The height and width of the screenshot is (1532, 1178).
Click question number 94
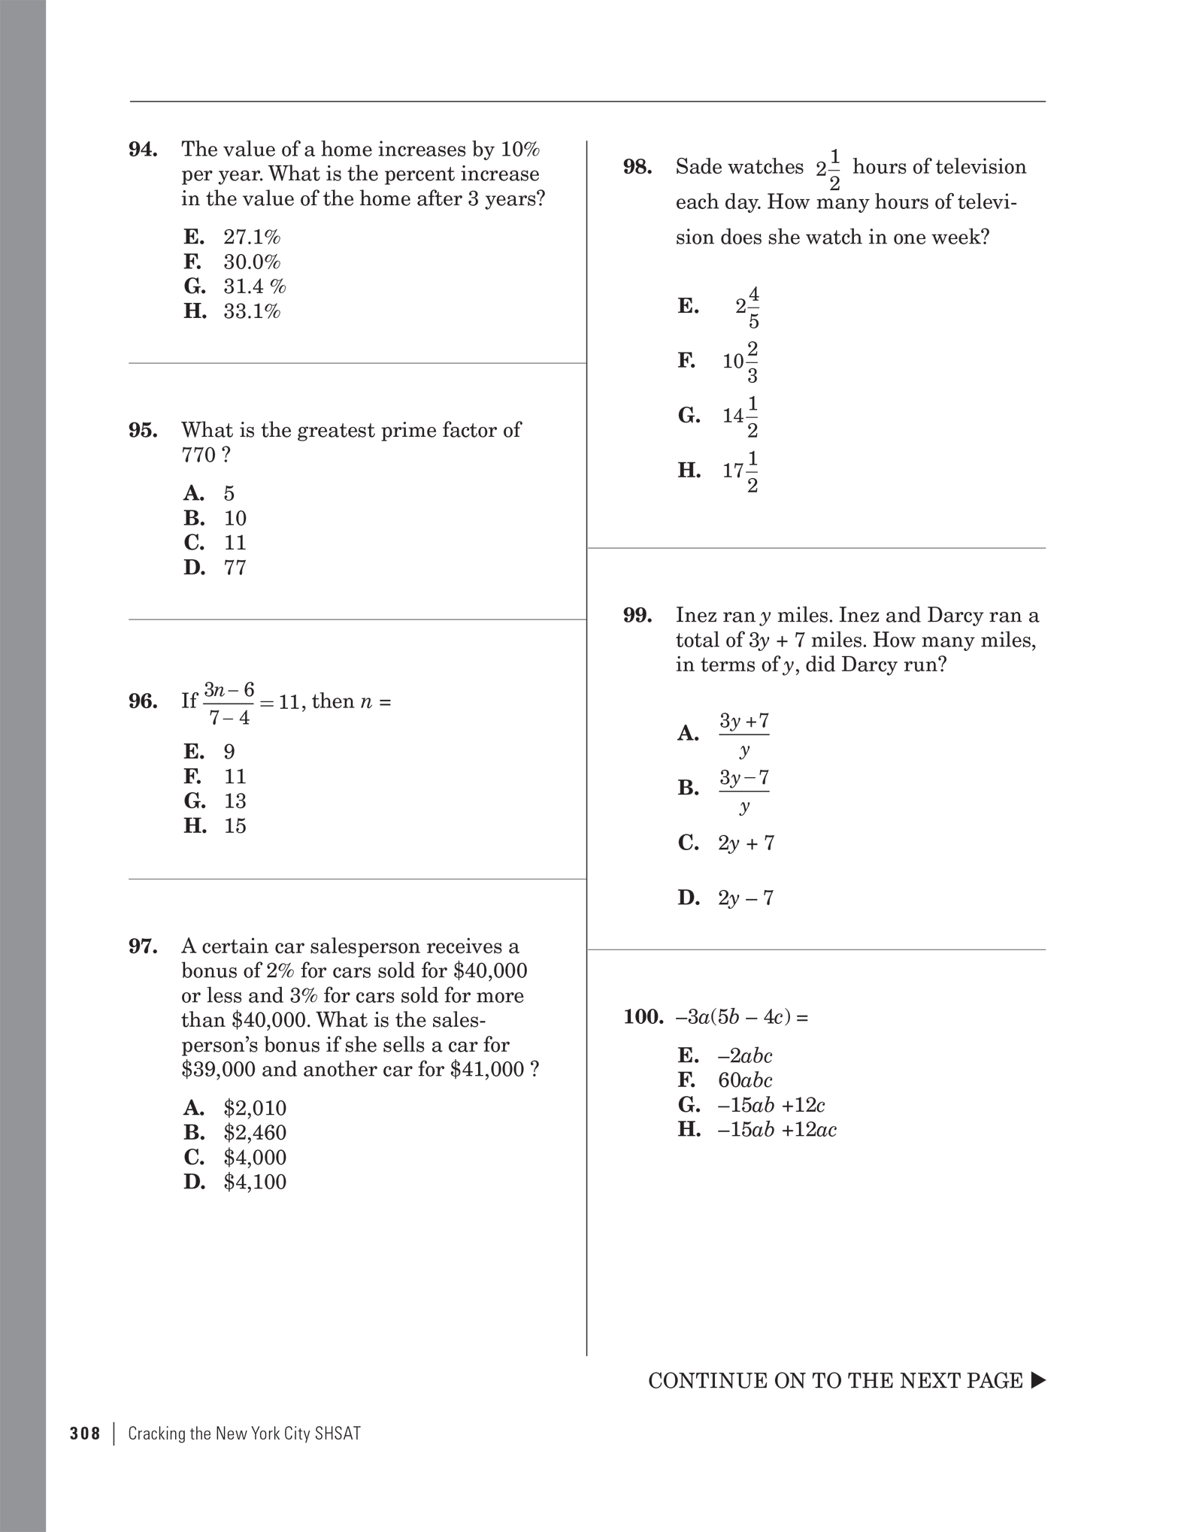(x=143, y=150)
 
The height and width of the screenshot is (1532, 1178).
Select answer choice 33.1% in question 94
(x=251, y=311)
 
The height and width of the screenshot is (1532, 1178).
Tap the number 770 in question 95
(x=198, y=455)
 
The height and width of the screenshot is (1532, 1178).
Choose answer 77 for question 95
(x=235, y=568)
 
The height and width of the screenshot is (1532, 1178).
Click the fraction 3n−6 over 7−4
(x=229, y=703)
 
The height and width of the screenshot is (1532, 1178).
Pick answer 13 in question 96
(x=235, y=801)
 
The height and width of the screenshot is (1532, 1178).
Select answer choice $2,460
(x=255, y=1132)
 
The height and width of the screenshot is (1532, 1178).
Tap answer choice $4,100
(x=255, y=1182)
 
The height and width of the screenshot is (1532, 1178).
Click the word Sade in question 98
(x=701, y=167)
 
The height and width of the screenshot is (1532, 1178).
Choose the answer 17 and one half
(x=740, y=471)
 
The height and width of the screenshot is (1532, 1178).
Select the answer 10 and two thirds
(x=740, y=362)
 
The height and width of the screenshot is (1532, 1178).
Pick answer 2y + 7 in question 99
(x=746, y=843)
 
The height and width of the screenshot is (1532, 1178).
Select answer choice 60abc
(x=745, y=1080)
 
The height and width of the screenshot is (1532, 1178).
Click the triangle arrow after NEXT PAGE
(x=1037, y=1380)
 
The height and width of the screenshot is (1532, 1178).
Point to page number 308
(x=85, y=1434)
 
